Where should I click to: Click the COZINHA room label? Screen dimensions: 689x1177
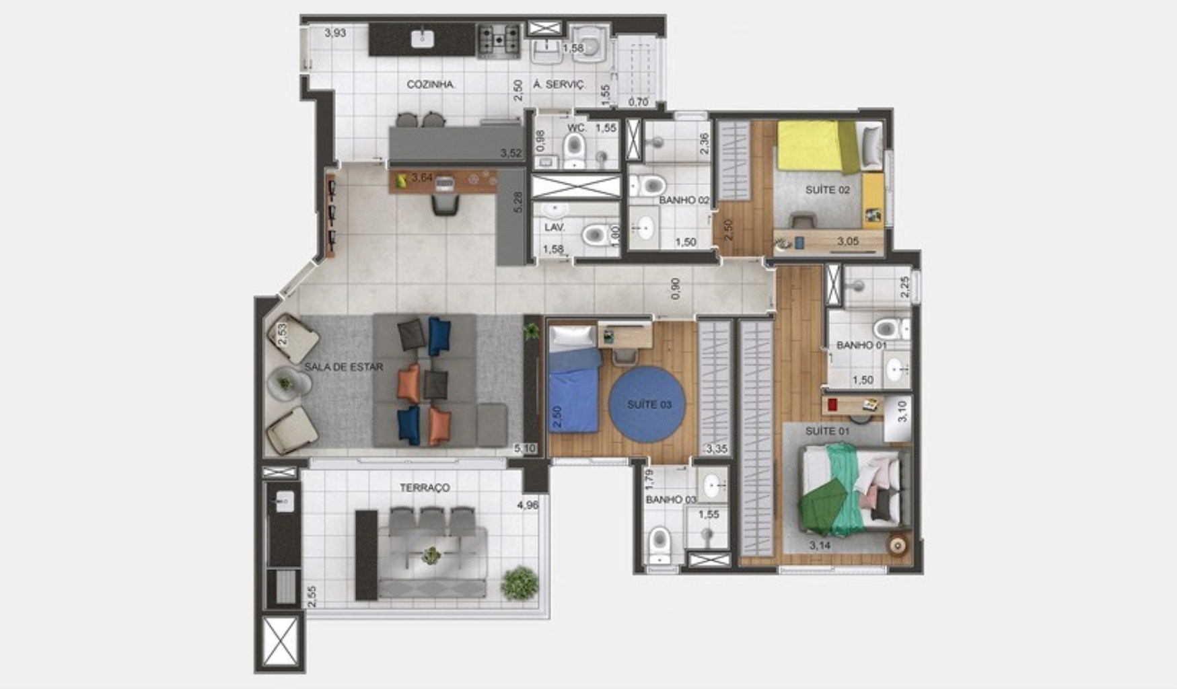[x=431, y=85]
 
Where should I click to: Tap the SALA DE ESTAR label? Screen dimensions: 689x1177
[x=343, y=367]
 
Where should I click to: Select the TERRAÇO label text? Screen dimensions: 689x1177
[x=424, y=488]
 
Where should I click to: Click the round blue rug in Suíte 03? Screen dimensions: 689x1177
[x=649, y=404]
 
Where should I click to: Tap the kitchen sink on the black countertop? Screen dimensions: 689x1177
[x=422, y=38]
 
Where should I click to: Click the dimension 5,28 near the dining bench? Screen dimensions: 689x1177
[x=518, y=203]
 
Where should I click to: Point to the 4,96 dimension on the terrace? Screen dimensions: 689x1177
[x=528, y=505]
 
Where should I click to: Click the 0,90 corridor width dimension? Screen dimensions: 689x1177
[x=676, y=289]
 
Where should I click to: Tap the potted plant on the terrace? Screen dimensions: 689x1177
[x=520, y=583]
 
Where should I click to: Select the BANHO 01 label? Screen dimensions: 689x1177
[x=861, y=345]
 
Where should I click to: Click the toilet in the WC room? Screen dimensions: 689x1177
[x=574, y=147]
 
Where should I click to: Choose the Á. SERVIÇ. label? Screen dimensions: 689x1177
[x=559, y=85]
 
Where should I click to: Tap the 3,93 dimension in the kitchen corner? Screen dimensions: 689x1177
[x=335, y=32]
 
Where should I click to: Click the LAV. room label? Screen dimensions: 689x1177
[x=555, y=227]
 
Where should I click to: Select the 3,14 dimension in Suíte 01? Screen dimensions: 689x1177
[x=820, y=546]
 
